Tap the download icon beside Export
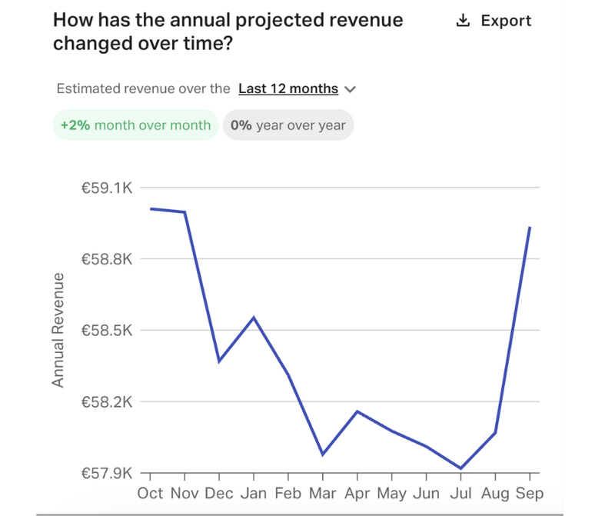pyautogui.click(x=463, y=21)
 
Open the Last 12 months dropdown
pyautogui.click(x=297, y=88)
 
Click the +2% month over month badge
pyautogui.click(x=135, y=125)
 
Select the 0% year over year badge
pyautogui.click(x=288, y=125)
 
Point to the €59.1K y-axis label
pyautogui.click(x=108, y=187)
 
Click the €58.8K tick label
pyautogui.click(x=108, y=259)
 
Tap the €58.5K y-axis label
pyautogui.click(x=108, y=331)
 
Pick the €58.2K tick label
pyautogui.click(x=108, y=402)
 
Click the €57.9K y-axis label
pyautogui.click(x=108, y=473)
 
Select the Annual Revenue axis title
pyautogui.click(x=58, y=330)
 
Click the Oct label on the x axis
pyautogui.click(x=150, y=493)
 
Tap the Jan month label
pyautogui.click(x=254, y=493)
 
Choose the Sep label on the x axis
pyautogui.click(x=530, y=493)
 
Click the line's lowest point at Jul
pyautogui.click(x=460, y=468)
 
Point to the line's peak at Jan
pyautogui.click(x=254, y=317)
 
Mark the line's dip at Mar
pyautogui.click(x=323, y=454)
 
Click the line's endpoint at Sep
pyautogui.click(x=530, y=228)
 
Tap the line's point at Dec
pyautogui.click(x=219, y=361)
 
